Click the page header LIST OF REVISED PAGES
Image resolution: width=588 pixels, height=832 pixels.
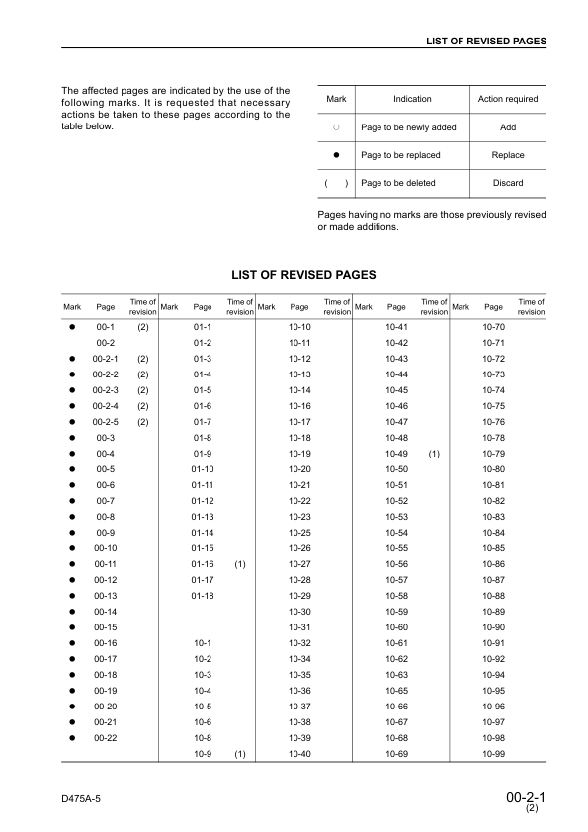click(x=485, y=41)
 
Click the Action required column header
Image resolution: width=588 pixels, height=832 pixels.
click(x=507, y=99)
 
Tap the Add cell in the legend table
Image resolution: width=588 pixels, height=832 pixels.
click(x=507, y=128)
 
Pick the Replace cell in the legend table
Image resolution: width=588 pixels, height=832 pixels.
click(x=507, y=155)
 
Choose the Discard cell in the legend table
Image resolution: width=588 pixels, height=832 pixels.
click(x=507, y=183)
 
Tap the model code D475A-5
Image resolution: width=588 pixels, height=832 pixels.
click(x=84, y=795)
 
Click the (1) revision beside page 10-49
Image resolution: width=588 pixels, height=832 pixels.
click(x=433, y=454)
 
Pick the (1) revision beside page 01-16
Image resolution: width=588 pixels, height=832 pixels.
click(x=238, y=563)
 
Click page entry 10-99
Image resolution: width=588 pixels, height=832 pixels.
click(x=493, y=754)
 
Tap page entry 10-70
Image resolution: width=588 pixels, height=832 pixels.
click(x=493, y=326)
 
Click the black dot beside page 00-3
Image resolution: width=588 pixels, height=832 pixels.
click(x=72, y=437)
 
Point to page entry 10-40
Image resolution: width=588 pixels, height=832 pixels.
click(x=299, y=754)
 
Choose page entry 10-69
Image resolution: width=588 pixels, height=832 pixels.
click(x=397, y=754)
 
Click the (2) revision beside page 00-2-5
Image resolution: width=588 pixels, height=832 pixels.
click(x=142, y=421)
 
